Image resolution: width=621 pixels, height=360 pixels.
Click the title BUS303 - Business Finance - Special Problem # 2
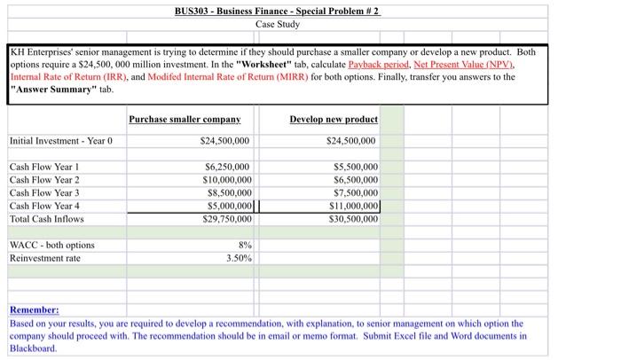click(279, 11)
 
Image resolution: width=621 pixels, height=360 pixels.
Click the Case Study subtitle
click(278, 24)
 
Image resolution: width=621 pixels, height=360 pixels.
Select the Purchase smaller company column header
click(185, 119)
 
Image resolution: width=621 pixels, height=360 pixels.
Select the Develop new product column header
click(334, 119)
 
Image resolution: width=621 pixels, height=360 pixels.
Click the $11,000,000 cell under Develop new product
click(354, 206)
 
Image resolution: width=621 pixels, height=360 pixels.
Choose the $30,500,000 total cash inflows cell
click(353, 218)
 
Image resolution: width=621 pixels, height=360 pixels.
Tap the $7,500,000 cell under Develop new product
click(356, 192)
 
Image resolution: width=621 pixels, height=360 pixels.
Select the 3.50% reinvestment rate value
click(239, 258)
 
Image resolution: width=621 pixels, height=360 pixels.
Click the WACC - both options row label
click(51, 245)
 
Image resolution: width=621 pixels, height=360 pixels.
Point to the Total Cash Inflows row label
click(46, 218)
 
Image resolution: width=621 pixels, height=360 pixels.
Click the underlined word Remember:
click(34, 310)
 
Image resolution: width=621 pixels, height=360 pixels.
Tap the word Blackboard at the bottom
click(34, 348)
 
